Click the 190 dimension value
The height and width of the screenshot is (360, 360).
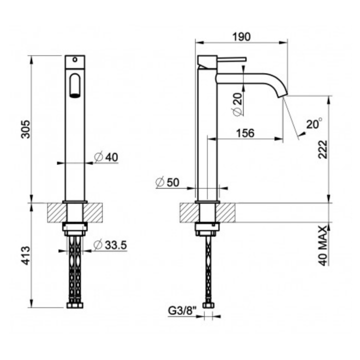(241, 36)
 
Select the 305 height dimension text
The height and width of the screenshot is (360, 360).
(25, 129)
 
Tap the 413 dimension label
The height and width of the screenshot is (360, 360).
(25, 255)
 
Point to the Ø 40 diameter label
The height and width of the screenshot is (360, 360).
(106, 157)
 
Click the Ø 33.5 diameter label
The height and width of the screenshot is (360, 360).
(110, 244)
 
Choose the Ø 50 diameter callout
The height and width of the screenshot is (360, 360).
(167, 182)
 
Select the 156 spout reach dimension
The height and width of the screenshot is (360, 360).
(245, 133)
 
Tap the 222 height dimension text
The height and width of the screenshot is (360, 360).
(322, 149)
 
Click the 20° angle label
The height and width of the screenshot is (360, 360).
(314, 123)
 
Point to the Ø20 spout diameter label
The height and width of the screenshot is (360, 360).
(238, 104)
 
